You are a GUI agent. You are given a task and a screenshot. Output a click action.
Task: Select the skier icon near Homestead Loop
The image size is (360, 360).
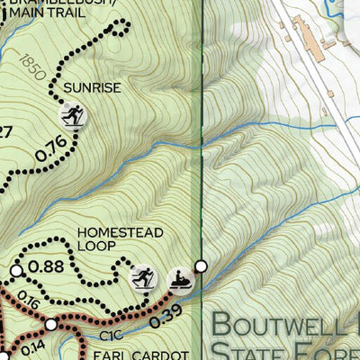pyautogui.click(x=141, y=278)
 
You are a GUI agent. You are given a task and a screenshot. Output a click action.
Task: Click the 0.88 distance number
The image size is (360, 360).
pyautogui.click(x=46, y=266)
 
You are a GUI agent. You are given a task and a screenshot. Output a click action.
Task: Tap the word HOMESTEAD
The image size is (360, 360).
pyautogui.click(x=120, y=232)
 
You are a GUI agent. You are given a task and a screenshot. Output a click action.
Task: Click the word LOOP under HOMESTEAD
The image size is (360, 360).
pyautogui.click(x=96, y=245)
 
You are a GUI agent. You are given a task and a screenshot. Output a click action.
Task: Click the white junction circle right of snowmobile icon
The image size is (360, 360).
pyautogui.click(x=202, y=265)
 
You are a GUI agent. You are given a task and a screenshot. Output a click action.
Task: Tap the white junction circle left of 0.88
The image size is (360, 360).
pyautogui.click(x=16, y=270)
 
